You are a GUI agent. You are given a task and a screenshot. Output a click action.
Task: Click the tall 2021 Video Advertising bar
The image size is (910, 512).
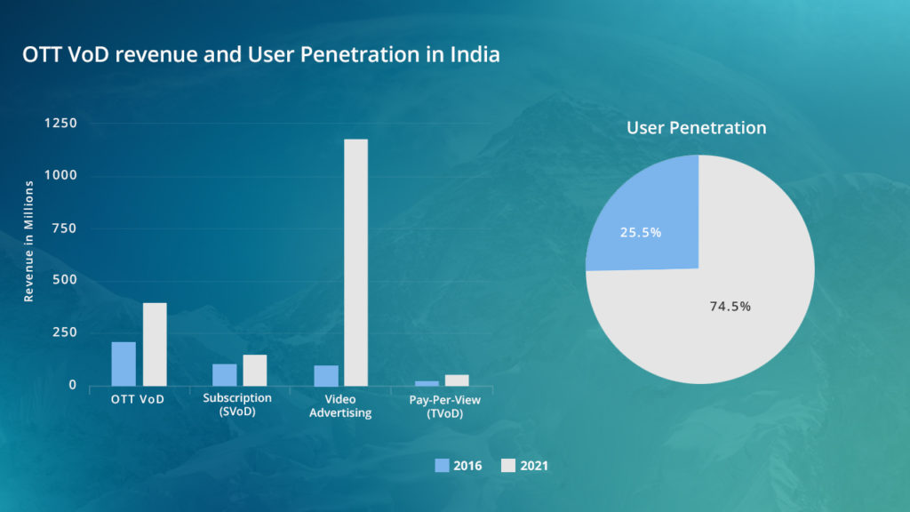355,262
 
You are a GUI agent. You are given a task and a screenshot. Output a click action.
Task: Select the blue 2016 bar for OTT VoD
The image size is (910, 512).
124,364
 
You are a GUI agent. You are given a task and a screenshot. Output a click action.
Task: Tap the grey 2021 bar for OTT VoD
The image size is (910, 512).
155,344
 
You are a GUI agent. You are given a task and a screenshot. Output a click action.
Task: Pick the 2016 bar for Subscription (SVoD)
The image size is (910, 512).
225,374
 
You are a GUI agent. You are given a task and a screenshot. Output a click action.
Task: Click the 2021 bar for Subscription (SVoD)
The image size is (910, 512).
255,370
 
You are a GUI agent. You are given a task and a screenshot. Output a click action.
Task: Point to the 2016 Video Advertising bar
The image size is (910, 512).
326,375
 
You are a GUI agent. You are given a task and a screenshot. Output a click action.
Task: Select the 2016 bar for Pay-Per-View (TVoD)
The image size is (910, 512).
427,383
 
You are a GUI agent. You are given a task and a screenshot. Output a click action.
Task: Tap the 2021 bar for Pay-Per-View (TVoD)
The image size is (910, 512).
457,380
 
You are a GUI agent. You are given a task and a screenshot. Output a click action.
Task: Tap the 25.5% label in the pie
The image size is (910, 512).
640,233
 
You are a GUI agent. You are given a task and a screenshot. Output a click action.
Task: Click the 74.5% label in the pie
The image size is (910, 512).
730,306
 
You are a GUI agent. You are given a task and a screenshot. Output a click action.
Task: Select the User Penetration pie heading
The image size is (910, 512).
696,128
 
